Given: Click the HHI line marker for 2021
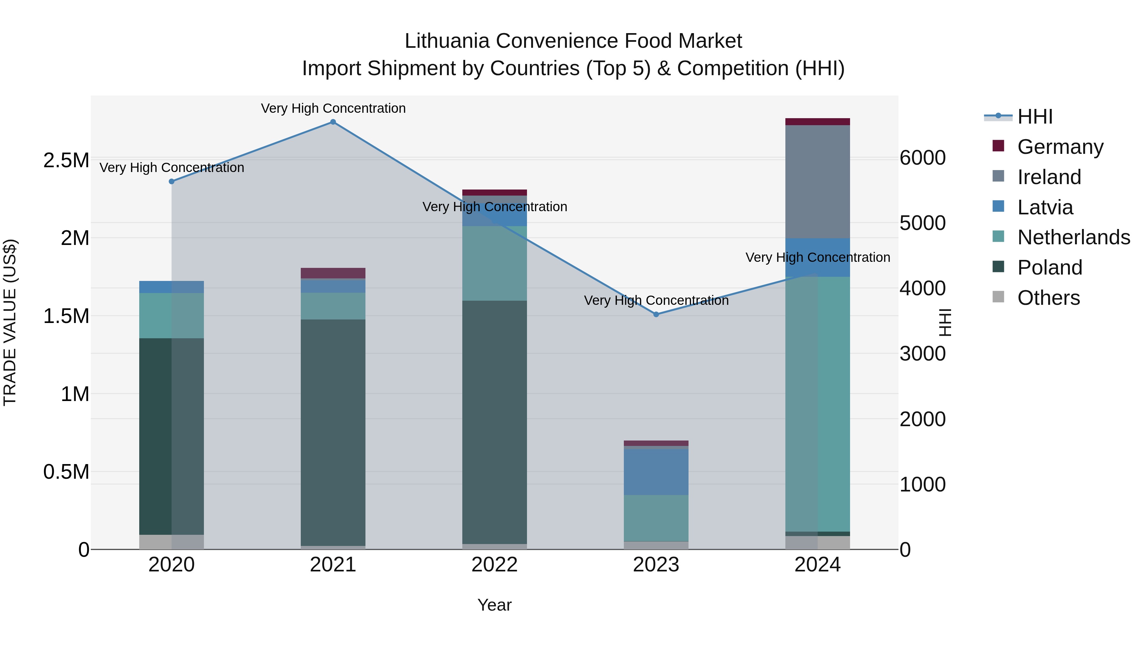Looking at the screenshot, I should click(333, 122).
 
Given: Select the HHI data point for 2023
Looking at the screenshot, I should click(656, 314).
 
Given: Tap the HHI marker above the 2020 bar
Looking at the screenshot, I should click(171, 181).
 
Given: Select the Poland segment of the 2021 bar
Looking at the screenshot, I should click(333, 432).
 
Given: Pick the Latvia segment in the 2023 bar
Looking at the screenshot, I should click(656, 472).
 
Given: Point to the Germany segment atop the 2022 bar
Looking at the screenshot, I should click(494, 193).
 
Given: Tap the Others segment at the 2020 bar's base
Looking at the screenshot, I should click(171, 542).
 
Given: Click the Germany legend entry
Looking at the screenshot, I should click(1060, 147).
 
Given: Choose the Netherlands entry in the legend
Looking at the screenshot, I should click(1073, 237).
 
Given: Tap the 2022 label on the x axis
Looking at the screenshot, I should click(494, 565).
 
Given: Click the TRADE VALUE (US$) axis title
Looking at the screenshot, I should click(10, 322).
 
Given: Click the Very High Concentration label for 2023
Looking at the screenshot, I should click(656, 300).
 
